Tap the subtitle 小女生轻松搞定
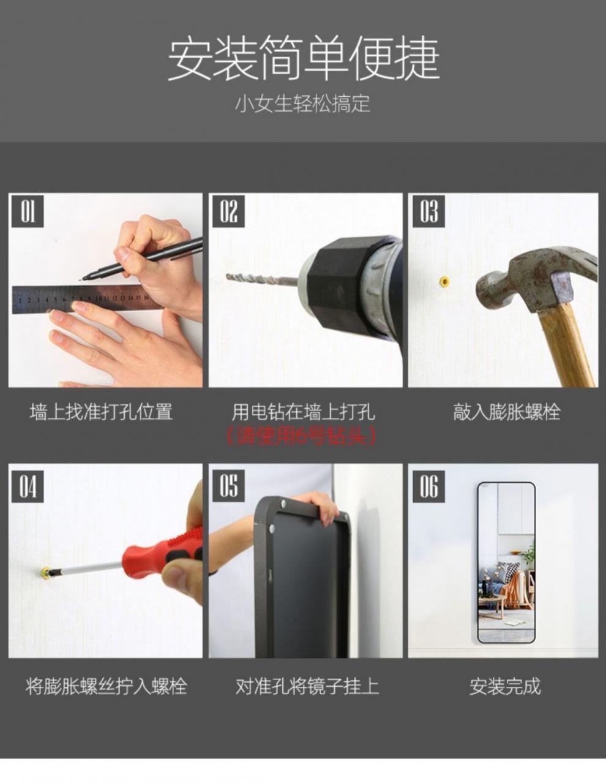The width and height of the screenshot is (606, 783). coord(303,103)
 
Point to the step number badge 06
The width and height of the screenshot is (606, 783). coord(428,487)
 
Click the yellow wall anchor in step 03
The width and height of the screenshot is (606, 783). coord(444,282)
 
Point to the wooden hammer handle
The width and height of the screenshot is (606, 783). coord(566,343)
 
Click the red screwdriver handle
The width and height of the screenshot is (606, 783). coord(162,551)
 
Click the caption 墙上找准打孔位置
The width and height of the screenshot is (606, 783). coord(102,411)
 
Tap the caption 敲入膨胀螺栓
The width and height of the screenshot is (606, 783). coord(506,411)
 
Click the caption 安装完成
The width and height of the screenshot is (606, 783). coord(505,686)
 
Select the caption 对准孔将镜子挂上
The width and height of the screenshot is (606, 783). coord(307,686)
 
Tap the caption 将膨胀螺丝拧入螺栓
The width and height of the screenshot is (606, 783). coord(106,686)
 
